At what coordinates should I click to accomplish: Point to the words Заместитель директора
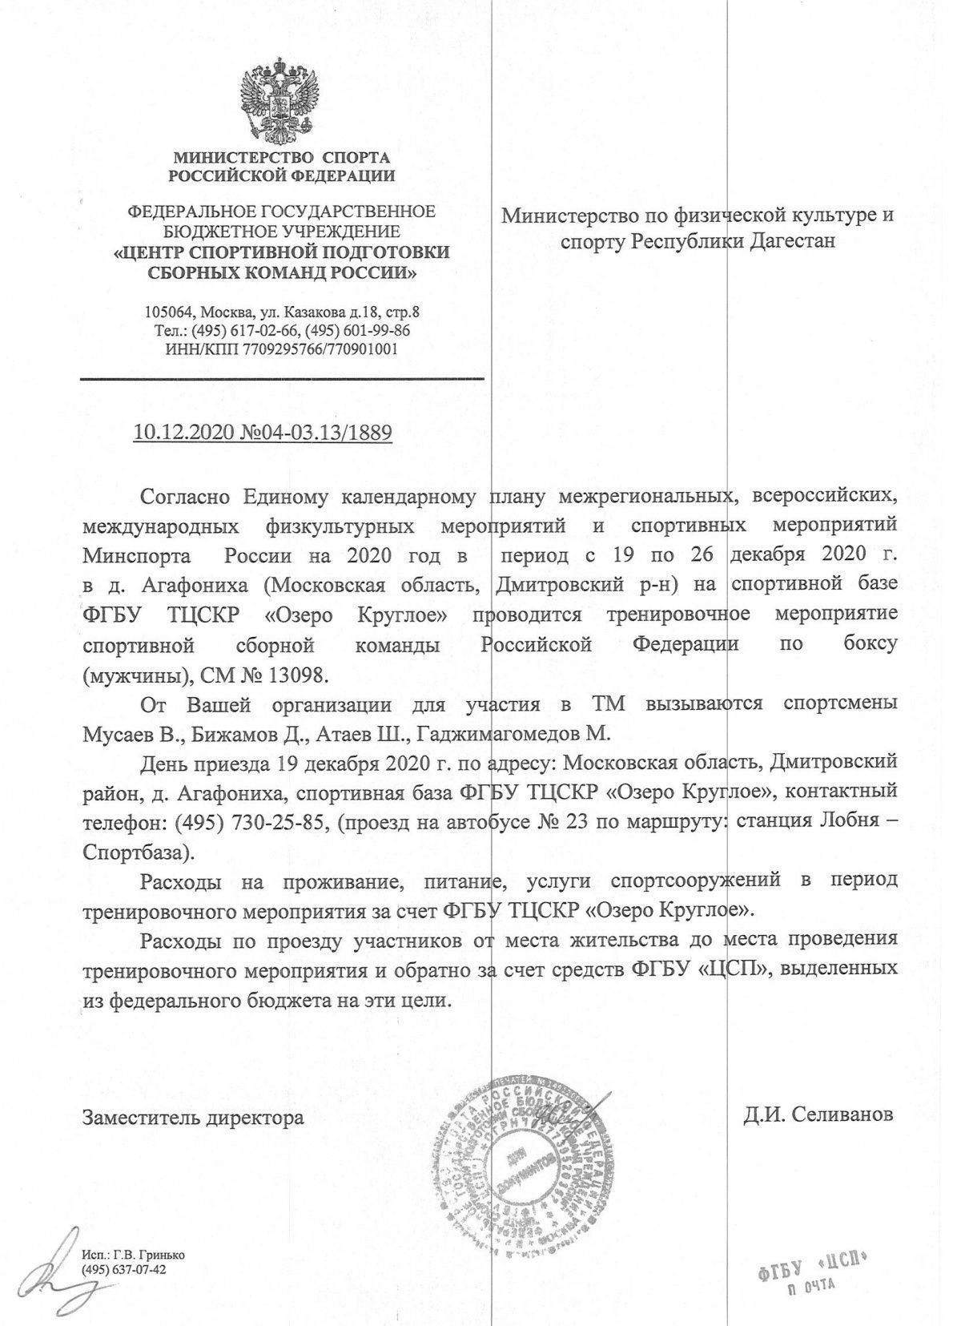(x=194, y=1117)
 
